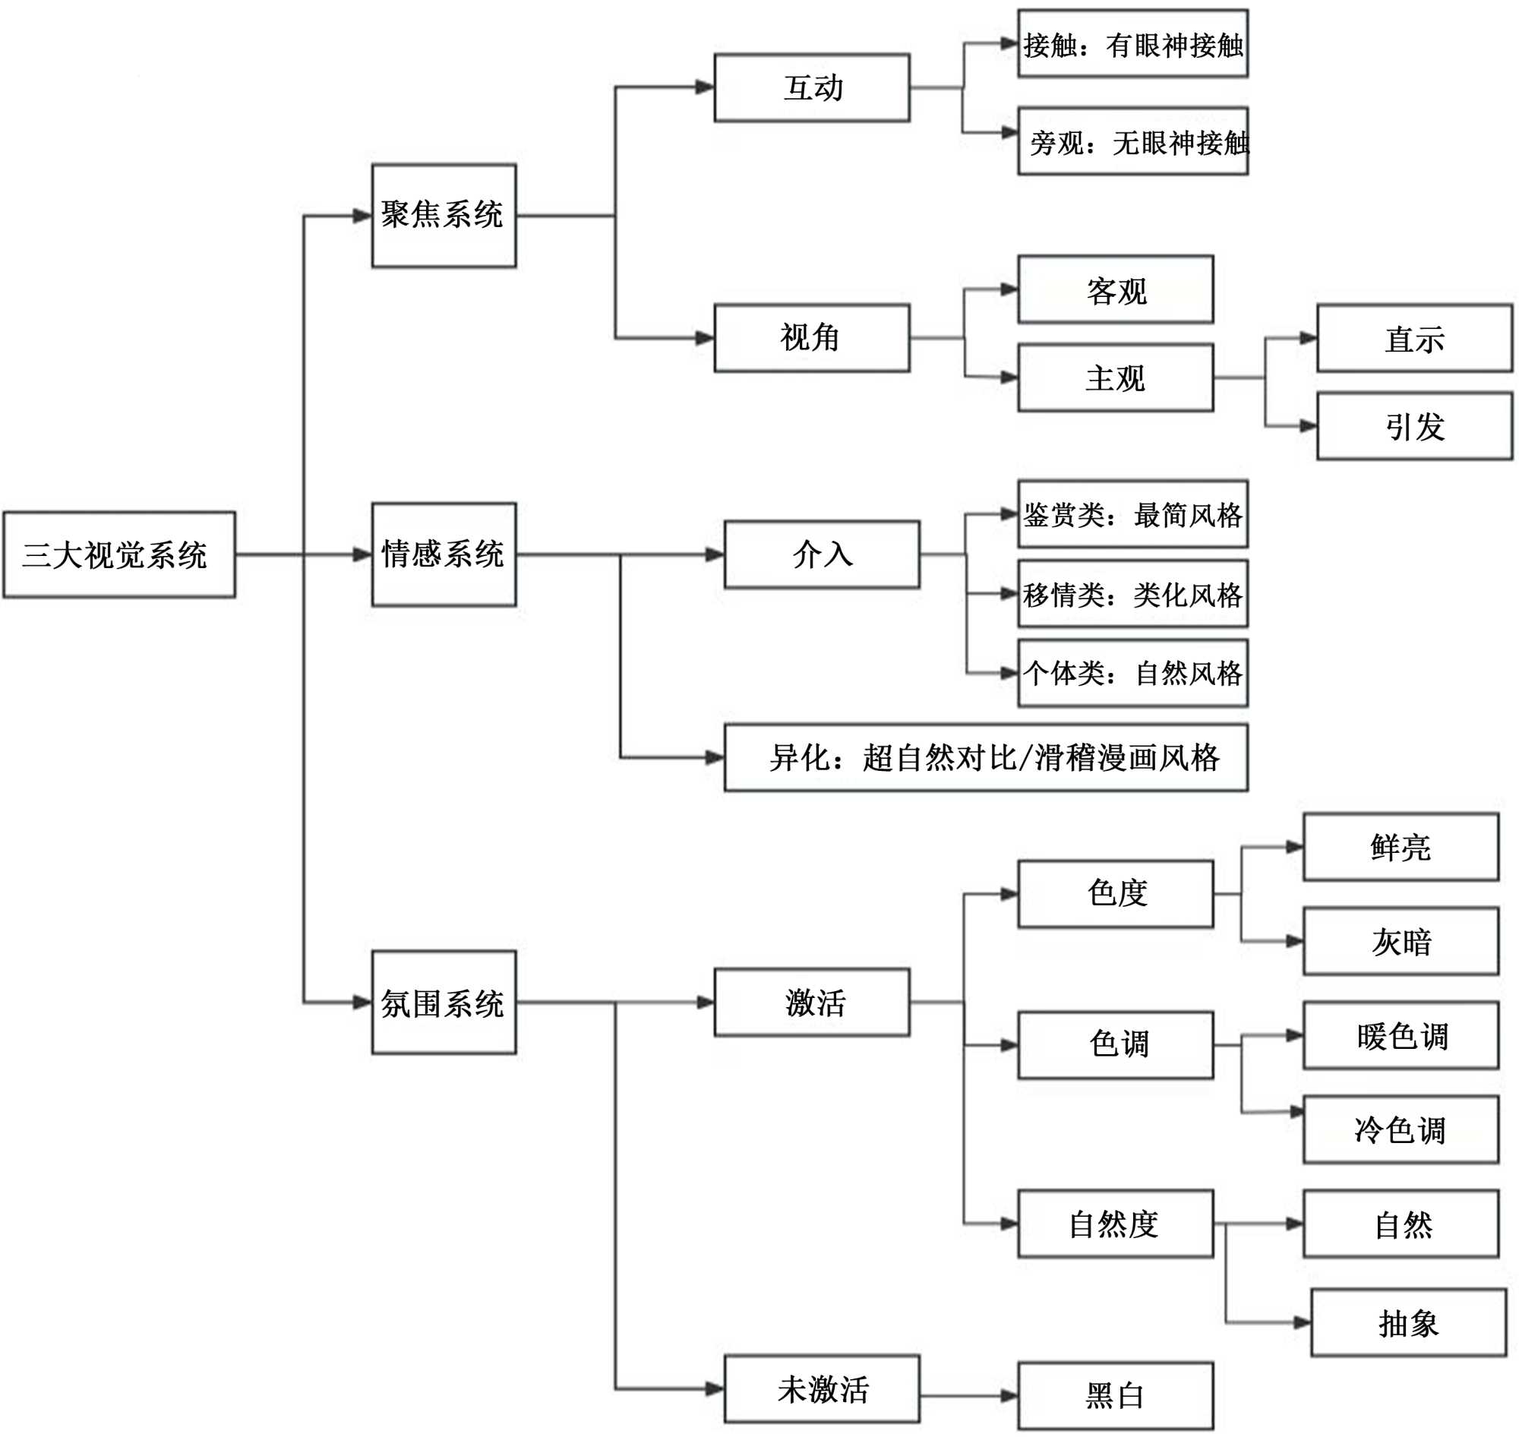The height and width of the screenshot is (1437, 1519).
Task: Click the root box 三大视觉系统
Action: tap(118, 554)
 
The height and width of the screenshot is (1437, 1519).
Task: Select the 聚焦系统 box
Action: tap(444, 215)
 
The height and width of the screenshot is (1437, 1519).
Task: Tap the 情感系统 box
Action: tap(444, 554)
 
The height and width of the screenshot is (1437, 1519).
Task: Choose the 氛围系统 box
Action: tap(444, 1002)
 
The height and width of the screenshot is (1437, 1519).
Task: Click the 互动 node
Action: tap(812, 87)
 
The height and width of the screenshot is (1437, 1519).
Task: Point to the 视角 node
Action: tap(812, 338)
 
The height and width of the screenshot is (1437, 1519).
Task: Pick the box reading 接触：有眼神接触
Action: tap(1132, 43)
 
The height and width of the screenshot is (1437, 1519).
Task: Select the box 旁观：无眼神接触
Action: tap(1132, 141)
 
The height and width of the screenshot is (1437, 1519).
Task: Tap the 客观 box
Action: tap(1114, 289)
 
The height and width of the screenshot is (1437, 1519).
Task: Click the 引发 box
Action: tap(1414, 426)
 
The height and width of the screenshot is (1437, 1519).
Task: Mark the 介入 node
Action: tap(821, 554)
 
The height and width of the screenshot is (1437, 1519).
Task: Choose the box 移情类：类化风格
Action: tap(1132, 594)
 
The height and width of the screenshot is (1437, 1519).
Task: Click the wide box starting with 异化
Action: tap(985, 757)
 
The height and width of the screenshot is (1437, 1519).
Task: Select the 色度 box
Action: tap(1114, 894)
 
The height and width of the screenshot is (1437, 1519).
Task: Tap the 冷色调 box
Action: tap(1401, 1130)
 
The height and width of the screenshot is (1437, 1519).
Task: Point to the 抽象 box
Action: tap(1408, 1323)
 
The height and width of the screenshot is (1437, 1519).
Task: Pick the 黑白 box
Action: tap(1114, 1396)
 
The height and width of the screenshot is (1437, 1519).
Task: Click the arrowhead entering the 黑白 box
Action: tap(1009, 1397)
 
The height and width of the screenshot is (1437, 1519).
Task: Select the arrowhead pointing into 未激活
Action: tap(715, 1388)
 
